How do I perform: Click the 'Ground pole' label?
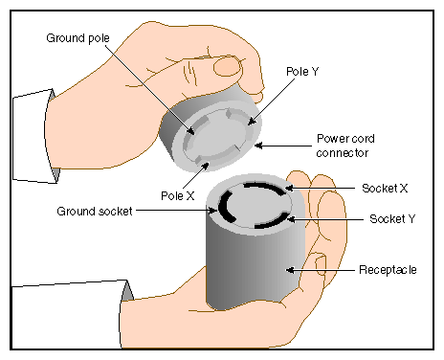click(78, 38)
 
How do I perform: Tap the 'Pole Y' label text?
click(302, 72)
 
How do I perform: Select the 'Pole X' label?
click(178, 195)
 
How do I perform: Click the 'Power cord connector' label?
click(345, 146)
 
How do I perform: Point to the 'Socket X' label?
click(385, 189)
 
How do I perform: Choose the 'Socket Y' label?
click(392, 219)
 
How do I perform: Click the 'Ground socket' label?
click(95, 212)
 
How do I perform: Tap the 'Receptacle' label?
click(388, 270)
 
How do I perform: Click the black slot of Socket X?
click(265, 188)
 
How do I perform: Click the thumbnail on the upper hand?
click(227, 67)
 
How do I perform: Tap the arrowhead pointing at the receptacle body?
click(290, 270)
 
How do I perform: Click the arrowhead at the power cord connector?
click(258, 146)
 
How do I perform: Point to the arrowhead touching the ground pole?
click(191, 131)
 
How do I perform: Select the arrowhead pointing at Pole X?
click(206, 166)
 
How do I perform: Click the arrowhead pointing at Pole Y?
click(251, 122)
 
